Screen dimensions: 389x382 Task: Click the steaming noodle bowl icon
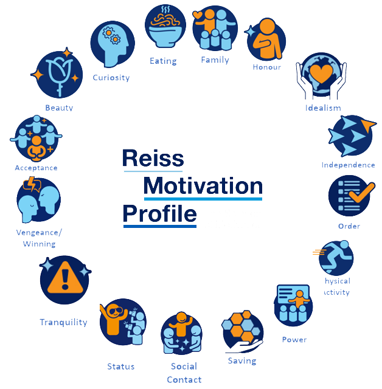165,26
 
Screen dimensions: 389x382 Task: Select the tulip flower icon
59,74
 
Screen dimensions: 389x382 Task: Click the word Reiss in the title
153,158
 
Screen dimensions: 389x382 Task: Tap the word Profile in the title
160,214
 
